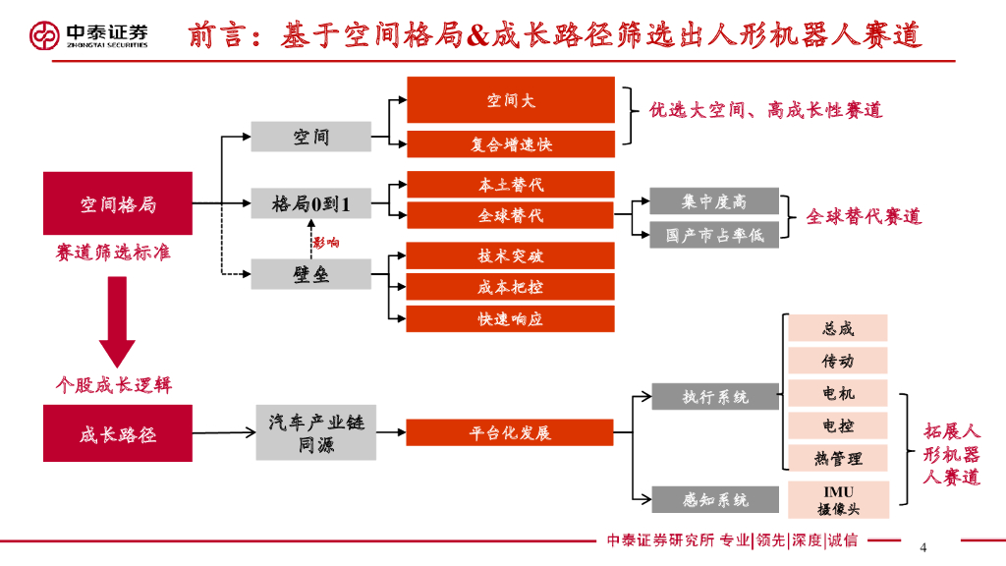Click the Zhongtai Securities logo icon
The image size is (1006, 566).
click(x=44, y=35)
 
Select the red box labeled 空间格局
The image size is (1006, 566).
click(x=118, y=203)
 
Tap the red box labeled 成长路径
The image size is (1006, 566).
click(x=118, y=433)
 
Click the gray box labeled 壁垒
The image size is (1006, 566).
click(x=311, y=274)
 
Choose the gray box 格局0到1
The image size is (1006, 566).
click(x=311, y=203)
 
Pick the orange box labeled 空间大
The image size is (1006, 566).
click(x=510, y=100)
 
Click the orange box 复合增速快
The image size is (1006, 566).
click(x=510, y=143)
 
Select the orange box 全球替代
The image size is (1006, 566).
click(x=510, y=215)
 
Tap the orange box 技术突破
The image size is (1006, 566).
click(x=510, y=256)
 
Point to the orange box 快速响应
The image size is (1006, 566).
click(x=510, y=318)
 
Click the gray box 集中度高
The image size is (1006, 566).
click(x=714, y=201)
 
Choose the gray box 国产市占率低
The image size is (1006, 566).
click(x=714, y=235)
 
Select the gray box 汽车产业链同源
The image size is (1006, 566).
click(x=315, y=433)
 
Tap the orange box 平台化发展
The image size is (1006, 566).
click(x=510, y=433)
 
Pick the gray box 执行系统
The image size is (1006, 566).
click(x=715, y=397)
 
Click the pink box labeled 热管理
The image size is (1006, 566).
click(x=838, y=458)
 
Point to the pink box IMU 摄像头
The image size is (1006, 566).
click(x=838, y=499)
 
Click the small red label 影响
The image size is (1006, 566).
click(x=326, y=243)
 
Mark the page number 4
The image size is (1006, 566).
click(x=922, y=547)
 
